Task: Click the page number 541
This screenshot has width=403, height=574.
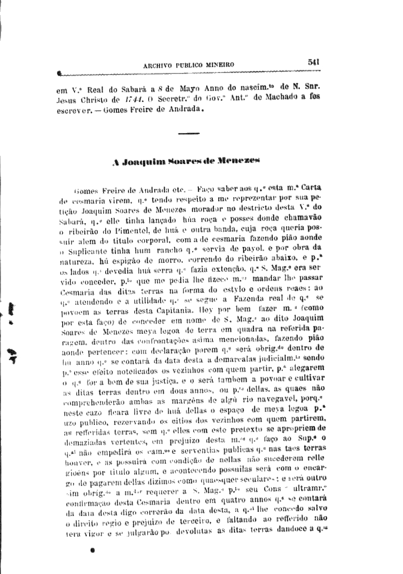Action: tap(313, 61)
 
